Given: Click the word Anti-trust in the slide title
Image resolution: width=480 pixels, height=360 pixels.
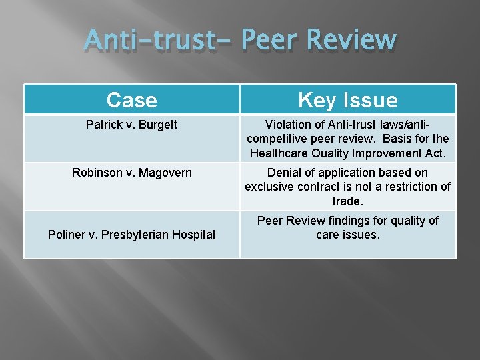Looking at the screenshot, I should pos(157,41).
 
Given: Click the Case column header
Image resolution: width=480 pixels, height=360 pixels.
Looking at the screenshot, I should pos(131,100).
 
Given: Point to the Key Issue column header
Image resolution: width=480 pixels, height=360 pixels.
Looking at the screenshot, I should pos(347,100).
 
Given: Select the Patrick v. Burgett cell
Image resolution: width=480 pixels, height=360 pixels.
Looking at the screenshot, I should pos(131,125).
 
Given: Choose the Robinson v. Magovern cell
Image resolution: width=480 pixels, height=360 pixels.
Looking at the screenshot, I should pos(131,173).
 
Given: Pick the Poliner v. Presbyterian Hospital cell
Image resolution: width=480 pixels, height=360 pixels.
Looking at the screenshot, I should pos(131,234).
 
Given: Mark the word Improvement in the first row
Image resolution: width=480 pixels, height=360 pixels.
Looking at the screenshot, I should pos(393,153).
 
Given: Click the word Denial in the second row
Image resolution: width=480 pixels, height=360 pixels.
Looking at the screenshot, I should pos(285,173).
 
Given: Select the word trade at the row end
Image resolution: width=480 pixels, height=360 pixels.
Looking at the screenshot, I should pos(347,201).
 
